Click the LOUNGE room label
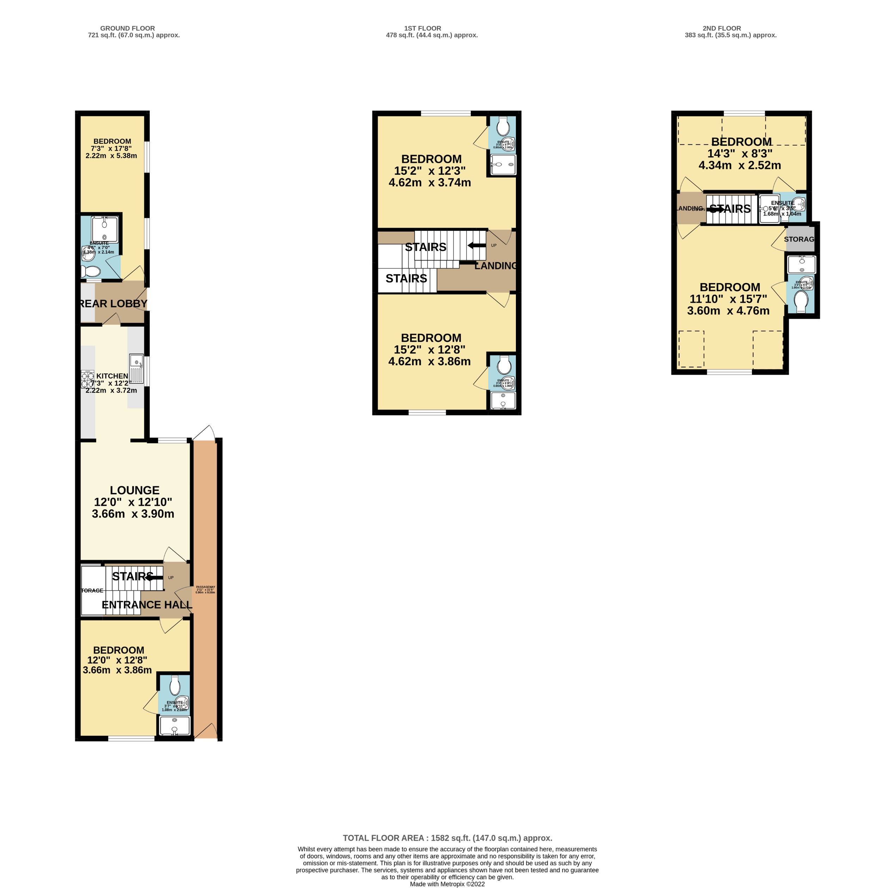tap(134, 490)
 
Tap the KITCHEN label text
tap(112, 376)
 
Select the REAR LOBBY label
tap(113, 304)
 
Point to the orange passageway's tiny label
tap(205, 590)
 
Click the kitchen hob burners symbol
tap(87, 380)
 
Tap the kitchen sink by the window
tap(137, 361)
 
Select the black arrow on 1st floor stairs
tap(477, 246)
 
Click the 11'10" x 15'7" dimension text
tap(728, 299)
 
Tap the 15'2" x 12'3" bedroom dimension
tap(430, 171)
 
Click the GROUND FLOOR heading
tap(128, 28)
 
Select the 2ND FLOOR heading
tap(721, 28)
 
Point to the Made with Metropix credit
tap(447, 884)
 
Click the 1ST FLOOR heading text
tap(422, 28)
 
